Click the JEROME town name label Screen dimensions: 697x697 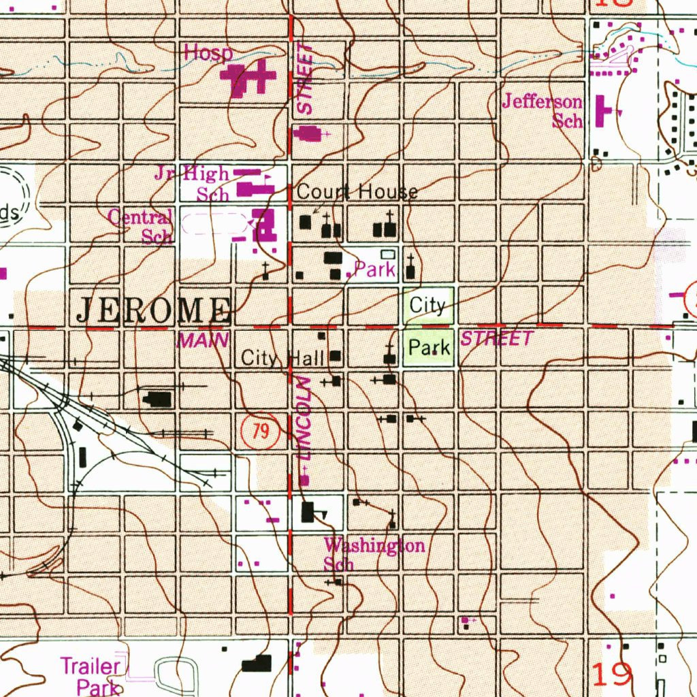152,310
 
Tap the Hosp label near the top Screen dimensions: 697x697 208,53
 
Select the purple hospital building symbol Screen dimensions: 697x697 248,80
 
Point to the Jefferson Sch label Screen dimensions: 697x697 542,111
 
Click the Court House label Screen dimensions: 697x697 357,192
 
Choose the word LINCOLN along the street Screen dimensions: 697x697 304,417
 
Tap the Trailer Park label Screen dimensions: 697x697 91,675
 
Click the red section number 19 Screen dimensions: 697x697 613,675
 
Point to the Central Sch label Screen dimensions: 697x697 142,227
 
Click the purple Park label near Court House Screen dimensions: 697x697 375,270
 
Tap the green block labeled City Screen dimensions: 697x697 427,305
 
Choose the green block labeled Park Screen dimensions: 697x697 429,348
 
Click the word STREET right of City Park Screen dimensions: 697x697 498,339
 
